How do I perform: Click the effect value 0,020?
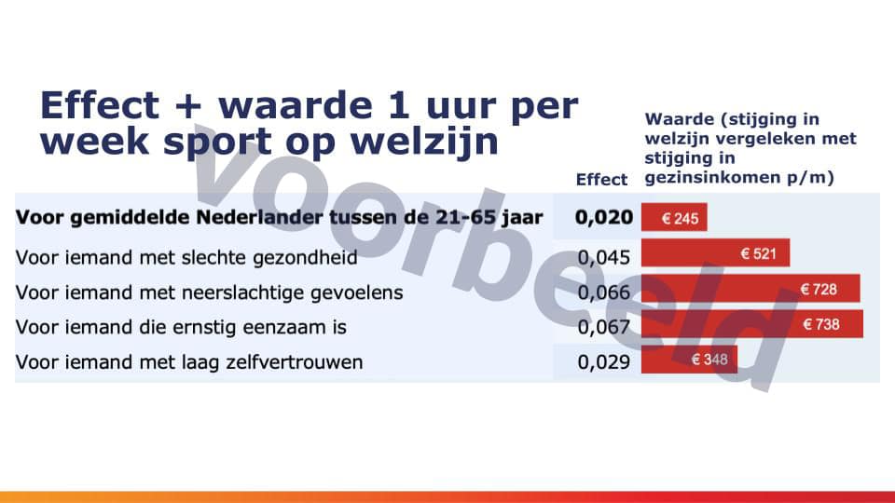coord(604,217)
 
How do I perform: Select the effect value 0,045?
coord(604,258)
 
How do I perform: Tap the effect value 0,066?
coord(604,292)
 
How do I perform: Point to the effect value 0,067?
coord(604,327)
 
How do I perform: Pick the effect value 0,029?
coord(604,362)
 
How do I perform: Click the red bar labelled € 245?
coord(674,217)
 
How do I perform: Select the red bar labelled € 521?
coord(716,252)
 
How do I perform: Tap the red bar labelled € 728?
coord(750,288)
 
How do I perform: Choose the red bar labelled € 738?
coord(752,324)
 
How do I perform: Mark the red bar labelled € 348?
coord(690,360)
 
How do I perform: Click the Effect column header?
coord(601,180)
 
